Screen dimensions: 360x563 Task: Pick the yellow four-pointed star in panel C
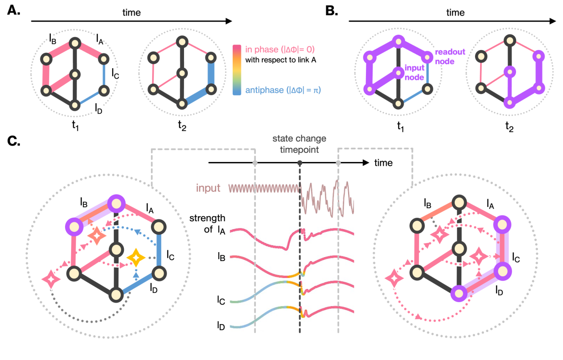point(136,257)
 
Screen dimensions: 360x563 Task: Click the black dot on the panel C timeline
point(300,163)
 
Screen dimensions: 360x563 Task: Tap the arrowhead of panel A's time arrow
point(228,21)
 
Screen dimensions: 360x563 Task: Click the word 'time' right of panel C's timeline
point(383,163)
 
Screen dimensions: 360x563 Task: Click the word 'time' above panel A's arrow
point(132,13)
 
